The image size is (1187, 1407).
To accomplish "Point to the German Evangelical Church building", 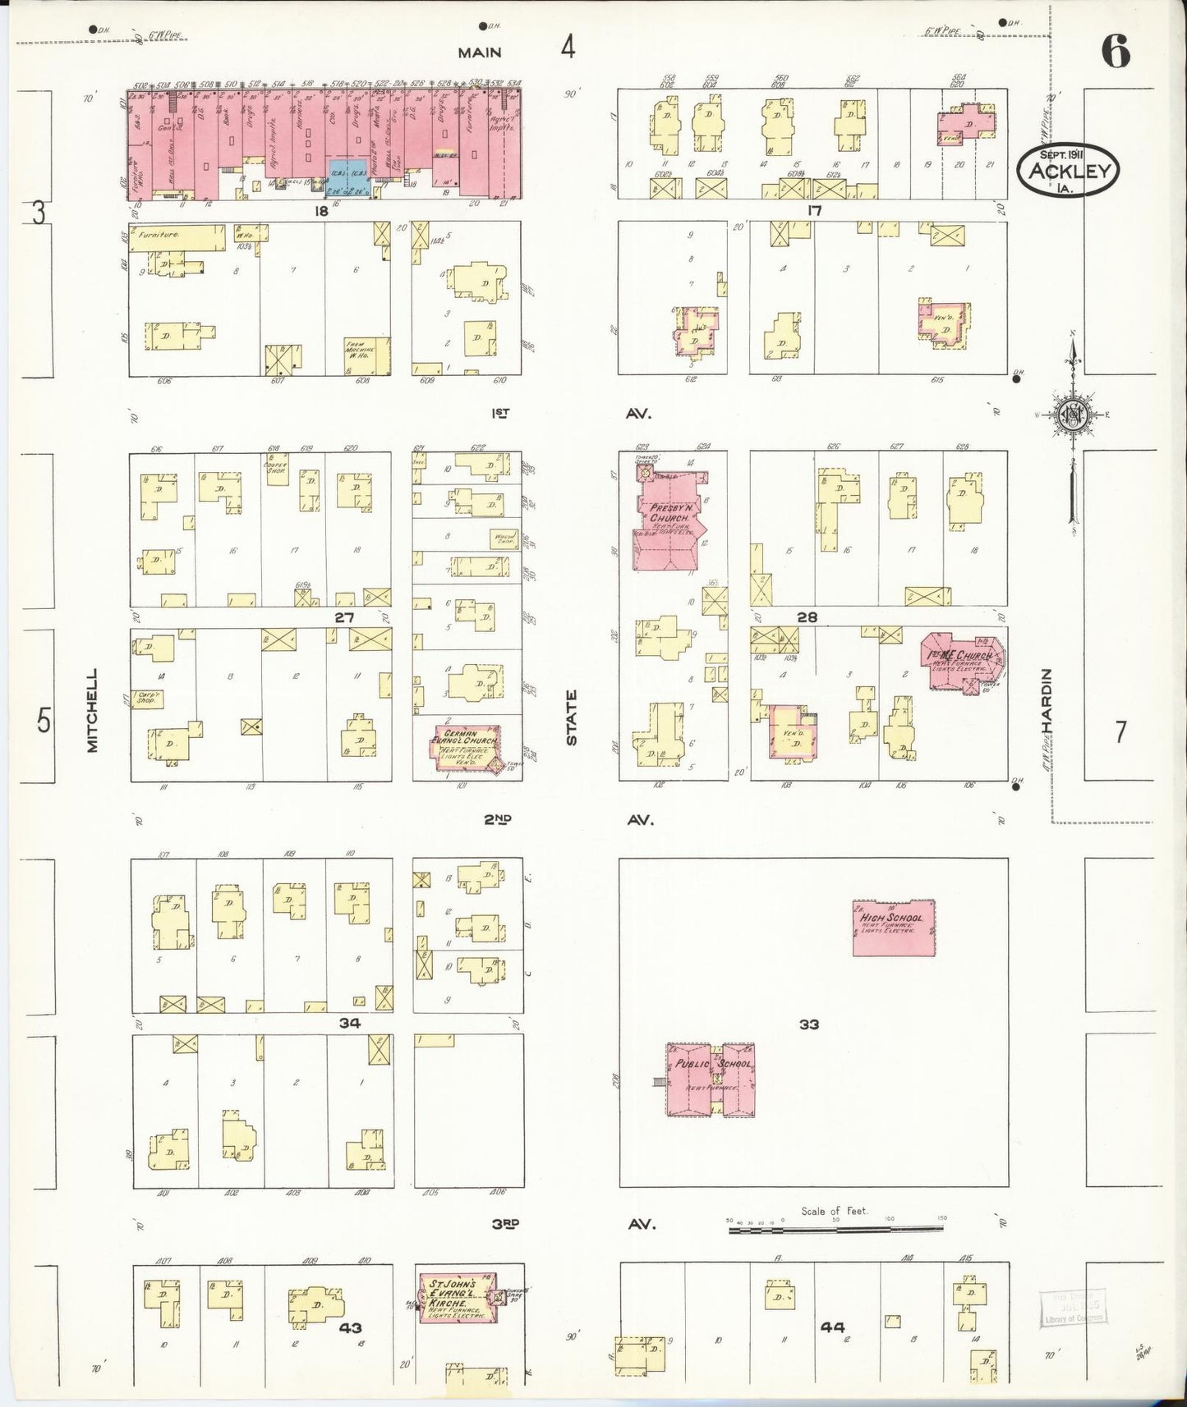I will [x=467, y=746].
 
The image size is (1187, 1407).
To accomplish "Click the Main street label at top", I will [x=480, y=53].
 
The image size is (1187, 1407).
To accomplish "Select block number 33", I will [x=808, y=1024].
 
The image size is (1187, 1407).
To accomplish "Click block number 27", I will [x=343, y=616].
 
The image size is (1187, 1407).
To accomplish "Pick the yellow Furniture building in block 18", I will [x=177, y=236].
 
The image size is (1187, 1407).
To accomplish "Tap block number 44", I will [x=830, y=1327].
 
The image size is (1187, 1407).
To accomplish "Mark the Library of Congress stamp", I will [x=1072, y=1308].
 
